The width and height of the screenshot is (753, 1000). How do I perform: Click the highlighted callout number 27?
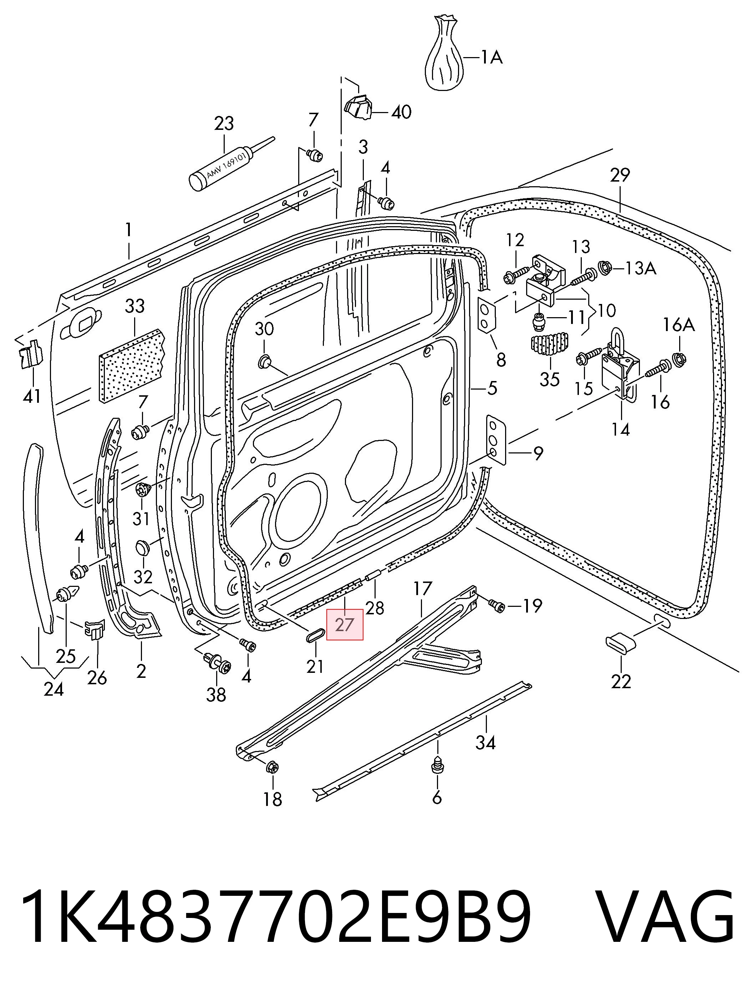[345, 625]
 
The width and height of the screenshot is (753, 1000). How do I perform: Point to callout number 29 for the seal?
[619, 175]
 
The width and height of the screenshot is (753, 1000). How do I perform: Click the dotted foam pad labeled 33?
[132, 365]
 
